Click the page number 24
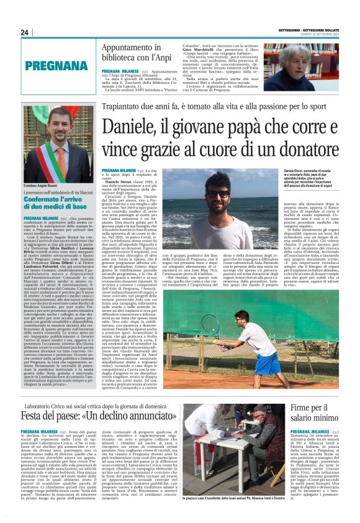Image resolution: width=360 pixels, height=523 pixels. click(x=25, y=32)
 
